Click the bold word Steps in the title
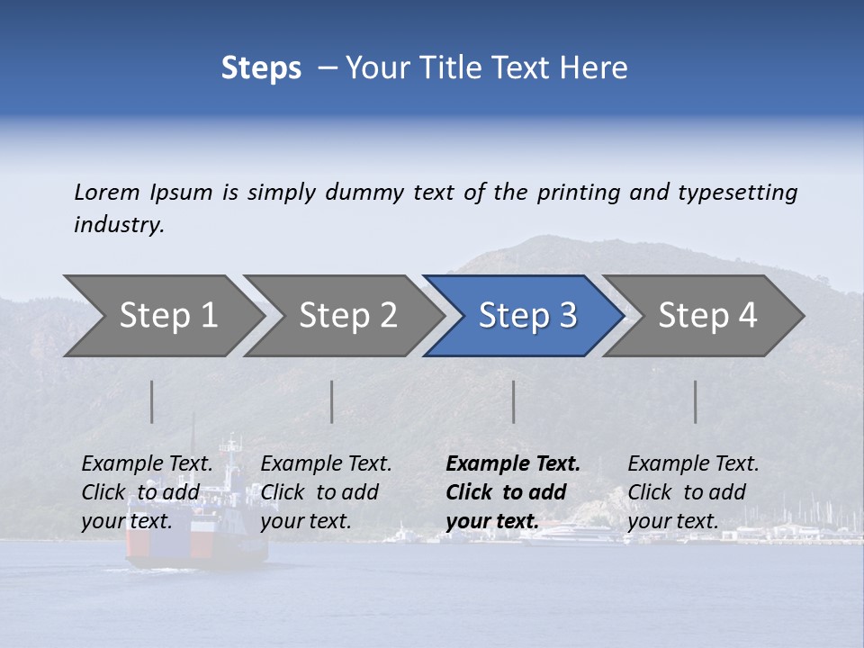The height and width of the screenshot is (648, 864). [x=261, y=68]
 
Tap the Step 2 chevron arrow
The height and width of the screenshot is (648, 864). [x=347, y=316]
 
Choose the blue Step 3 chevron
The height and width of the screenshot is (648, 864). [x=527, y=316]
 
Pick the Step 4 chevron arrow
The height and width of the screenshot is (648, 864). [x=707, y=316]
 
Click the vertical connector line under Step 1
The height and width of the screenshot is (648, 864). [x=152, y=401]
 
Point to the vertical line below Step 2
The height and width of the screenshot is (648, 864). [x=332, y=401]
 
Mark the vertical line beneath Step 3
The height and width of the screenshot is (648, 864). [x=514, y=401]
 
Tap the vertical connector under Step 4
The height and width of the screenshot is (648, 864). [x=696, y=401]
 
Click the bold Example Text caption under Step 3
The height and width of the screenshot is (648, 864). [x=513, y=492]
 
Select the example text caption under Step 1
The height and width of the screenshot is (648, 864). [x=148, y=492]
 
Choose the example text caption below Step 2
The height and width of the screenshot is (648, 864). [x=326, y=492]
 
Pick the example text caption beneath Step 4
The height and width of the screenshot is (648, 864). [x=693, y=492]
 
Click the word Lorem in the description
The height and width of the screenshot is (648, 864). [x=107, y=192]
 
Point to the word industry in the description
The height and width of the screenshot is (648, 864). [x=119, y=224]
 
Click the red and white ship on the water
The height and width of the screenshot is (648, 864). [x=198, y=540]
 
